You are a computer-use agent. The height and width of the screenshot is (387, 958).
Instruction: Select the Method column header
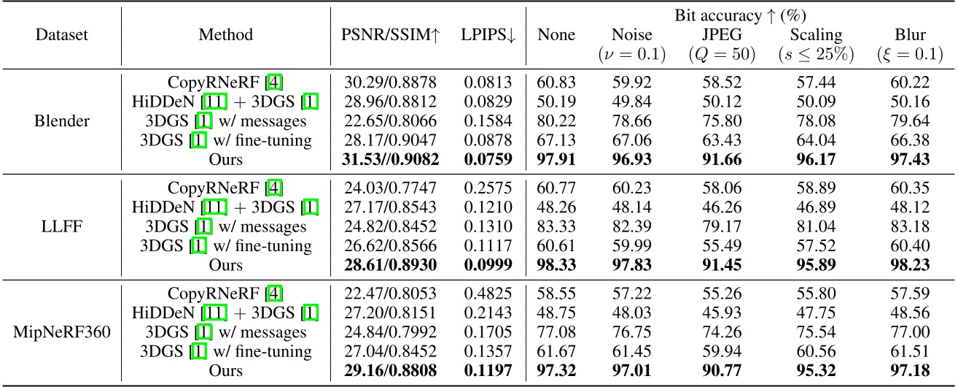click(225, 34)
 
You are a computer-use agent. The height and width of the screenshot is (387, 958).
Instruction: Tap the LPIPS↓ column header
click(488, 34)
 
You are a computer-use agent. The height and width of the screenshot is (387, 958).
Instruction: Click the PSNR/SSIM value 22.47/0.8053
click(392, 294)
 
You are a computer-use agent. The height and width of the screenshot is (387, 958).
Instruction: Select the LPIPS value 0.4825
click(488, 294)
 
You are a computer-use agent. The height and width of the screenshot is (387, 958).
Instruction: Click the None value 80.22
click(556, 121)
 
